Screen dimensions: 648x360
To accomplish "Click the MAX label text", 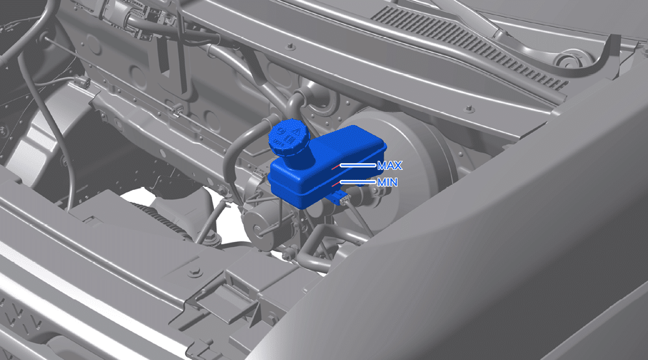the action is [390, 166].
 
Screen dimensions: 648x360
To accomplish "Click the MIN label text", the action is [387, 182].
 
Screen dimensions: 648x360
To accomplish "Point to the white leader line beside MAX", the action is [358, 165].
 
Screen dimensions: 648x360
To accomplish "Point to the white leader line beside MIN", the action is [358, 182].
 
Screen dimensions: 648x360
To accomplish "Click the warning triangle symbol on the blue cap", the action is [296, 131].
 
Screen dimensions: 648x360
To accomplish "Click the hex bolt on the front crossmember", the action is [195, 272].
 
